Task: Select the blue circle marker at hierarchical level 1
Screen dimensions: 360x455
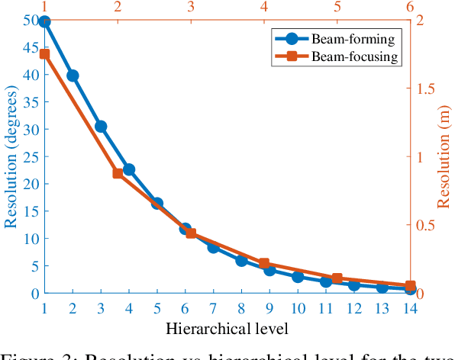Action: pyautogui.click(x=44, y=21)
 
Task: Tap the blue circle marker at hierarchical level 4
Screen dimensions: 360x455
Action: pyautogui.click(x=129, y=169)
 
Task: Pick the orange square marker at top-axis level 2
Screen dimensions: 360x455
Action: pyautogui.click(x=118, y=173)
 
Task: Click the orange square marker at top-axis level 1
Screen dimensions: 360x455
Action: pyautogui.click(x=44, y=54)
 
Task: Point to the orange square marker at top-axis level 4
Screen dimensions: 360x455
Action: pyautogui.click(x=264, y=263)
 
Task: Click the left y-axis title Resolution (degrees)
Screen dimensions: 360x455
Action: pyautogui.click(x=11, y=156)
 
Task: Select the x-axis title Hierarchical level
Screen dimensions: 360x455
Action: pyautogui.click(x=227, y=329)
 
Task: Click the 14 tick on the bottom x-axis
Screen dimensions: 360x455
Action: pyautogui.click(x=410, y=307)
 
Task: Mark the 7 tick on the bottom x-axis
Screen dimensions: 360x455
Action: pyautogui.click(x=213, y=307)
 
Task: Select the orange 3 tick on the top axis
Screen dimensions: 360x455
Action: pyautogui.click(x=191, y=7)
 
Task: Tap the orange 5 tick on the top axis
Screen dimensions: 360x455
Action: pyautogui.click(x=337, y=7)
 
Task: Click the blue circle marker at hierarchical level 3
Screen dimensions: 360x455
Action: pyautogui.click(x=101, y=126)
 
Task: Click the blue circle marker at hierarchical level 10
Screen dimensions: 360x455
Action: pyautogui.click(x=298, y=277)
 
